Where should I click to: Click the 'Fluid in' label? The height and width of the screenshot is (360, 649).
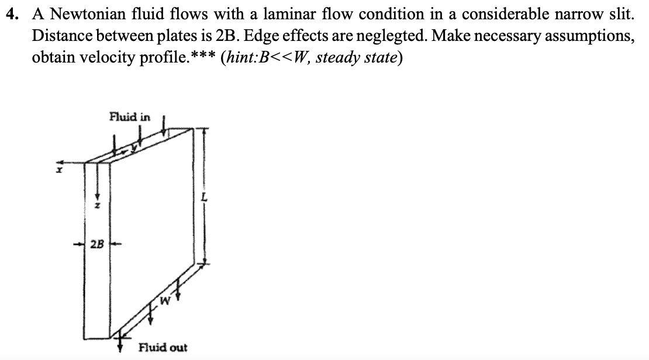(x=129, y=116)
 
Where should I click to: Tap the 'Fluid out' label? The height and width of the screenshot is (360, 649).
(x=163, y=348)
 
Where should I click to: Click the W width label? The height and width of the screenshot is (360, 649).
(x=166, y=302)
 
